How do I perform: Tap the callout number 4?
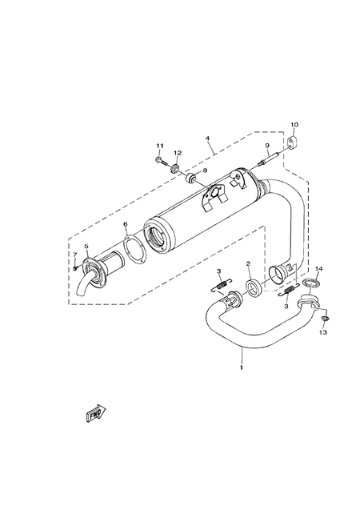[x=207, y=138]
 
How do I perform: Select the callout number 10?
[x=294, y=126]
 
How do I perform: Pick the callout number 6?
[x=126, y=225]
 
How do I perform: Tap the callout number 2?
[x=249, y=263]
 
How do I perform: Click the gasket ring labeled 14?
[x=312, y=283]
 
